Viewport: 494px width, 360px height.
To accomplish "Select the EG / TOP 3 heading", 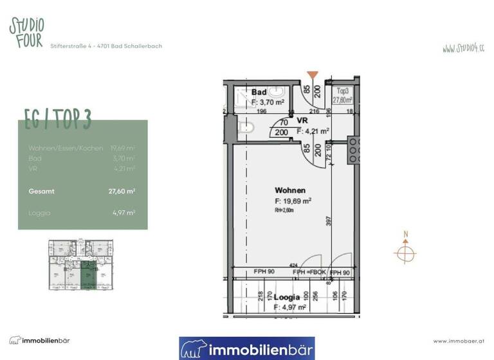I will point(58,119).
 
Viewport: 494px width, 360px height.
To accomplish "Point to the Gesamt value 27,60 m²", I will point(122,191).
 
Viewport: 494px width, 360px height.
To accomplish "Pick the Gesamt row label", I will point(42,191).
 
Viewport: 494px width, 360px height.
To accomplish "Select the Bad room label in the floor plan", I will point(259,93).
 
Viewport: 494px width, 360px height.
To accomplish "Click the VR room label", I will point(302,121).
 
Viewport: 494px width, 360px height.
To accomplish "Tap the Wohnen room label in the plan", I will point(289,190).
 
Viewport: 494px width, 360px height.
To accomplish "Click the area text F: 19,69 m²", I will point(293,201).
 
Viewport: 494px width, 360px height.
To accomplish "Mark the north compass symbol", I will point(405,251).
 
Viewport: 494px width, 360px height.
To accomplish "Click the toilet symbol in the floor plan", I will point(245,129).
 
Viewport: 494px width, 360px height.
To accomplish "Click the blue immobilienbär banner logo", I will point(246,348).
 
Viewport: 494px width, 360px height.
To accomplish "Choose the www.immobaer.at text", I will point(459,341).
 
